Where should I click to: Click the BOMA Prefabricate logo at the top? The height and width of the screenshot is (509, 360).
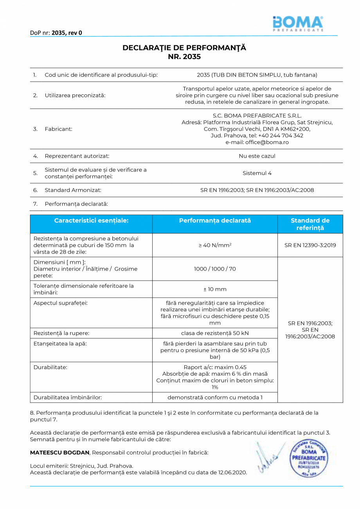click(x=298, y=23)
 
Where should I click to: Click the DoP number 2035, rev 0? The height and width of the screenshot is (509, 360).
click(x=67, y=33)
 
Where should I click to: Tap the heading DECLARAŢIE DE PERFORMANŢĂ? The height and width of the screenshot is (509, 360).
click(x=184, y=48)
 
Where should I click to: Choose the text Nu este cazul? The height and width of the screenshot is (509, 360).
click(x=257, y=156)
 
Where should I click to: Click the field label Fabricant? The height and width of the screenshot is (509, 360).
click(x=58, y=129)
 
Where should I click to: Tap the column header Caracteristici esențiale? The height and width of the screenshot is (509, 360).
click(x=91, y=221)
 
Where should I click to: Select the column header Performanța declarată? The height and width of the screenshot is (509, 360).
click(x=215, y=221)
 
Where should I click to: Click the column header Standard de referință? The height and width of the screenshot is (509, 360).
click(x=310, y=224)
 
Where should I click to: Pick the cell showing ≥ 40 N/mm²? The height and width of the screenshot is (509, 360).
click(x=215, y=245)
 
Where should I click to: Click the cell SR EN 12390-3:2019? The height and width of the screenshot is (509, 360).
click(x=310, y=245)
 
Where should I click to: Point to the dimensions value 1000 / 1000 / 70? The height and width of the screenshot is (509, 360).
click(x=215, y=269)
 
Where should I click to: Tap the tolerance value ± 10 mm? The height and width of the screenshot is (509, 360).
click(x=215, y=289)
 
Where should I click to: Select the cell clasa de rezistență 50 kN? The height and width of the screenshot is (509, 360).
click(x=215, y=333)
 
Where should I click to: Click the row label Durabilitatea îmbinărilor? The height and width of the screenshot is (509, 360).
click(x=68, y=397)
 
